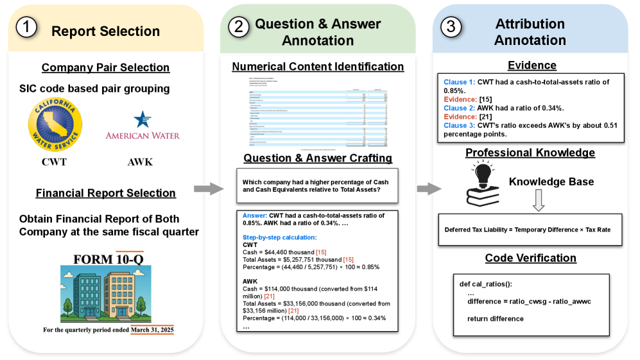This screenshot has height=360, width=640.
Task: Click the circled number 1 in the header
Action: [28, 30]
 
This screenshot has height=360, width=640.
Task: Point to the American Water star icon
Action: [141, 119]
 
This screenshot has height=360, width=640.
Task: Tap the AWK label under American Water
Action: [141, 162]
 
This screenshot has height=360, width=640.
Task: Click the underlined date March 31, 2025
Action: [152, 330]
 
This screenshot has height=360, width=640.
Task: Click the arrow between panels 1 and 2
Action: [207, 189]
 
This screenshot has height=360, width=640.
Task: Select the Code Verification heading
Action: [530, 258]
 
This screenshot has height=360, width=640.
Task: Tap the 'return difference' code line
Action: [492, 318]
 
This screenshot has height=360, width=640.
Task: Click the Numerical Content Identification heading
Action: [318, 67]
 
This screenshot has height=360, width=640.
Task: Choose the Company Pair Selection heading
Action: [105, 67]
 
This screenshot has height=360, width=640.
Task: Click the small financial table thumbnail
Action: [318, 112]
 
